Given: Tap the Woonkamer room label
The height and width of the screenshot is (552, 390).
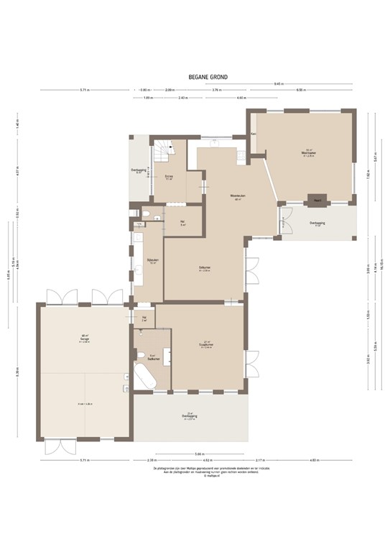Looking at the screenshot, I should (309, 153).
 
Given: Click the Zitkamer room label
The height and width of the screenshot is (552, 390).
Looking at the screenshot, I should (205, 268).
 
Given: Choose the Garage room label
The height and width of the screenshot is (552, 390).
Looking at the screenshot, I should (84, 340).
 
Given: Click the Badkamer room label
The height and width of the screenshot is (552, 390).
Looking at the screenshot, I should (152, 357).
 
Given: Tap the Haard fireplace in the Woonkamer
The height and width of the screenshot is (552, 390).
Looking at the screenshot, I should (315, 200).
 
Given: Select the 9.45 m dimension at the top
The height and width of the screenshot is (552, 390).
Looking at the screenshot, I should (277, 84).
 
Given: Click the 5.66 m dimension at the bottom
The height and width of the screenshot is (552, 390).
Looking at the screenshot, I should (200, 454).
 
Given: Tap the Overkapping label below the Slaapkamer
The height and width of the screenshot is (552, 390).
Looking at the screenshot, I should (190, 415).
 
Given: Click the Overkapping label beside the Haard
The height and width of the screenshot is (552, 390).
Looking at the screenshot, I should (317, 224).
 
